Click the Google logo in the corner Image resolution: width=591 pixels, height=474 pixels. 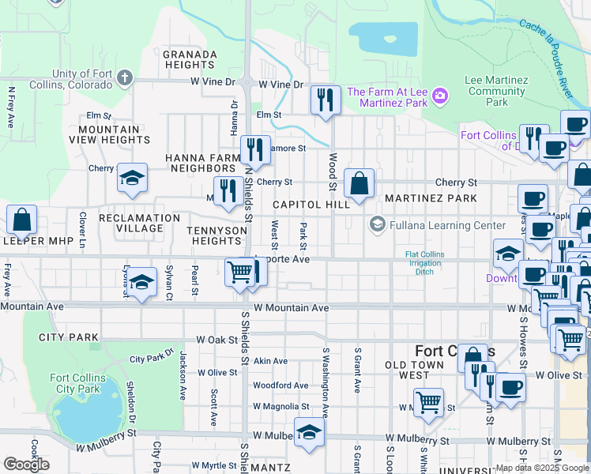click(26, 465)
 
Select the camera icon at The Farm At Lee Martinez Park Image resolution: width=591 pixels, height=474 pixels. click(440, 97)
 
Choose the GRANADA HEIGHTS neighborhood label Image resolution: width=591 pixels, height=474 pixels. click(190, 60)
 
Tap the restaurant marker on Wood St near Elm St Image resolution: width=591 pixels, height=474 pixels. click(326, 100)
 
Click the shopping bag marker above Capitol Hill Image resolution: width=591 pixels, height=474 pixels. click(359, 184)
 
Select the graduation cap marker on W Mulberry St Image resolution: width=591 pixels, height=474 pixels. click(309, 432)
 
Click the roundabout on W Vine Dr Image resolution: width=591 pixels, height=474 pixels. click(248, 83)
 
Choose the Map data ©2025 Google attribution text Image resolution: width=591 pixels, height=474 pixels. click(541, 468)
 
